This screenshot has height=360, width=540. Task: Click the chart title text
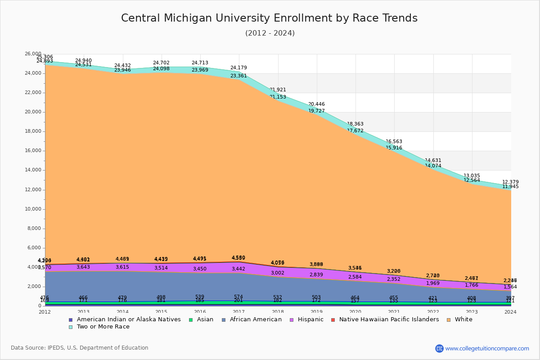[x=269, y=18]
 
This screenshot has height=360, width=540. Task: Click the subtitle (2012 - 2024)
[x=270, y=33]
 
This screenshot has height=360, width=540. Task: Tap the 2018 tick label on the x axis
[x=278, y=312]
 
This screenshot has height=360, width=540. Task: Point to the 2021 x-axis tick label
[x=395, y=312]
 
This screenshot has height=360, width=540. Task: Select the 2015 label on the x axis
[x=162, y=312]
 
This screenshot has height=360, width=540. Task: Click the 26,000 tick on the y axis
[x=32, y=54]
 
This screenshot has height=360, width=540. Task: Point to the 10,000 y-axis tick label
[x=32, y=209]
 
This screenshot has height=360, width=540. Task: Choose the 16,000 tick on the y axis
[x=32, y=151]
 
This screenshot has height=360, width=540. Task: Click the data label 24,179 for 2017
[x=238, y=68]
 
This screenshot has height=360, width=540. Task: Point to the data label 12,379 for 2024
[x=510, y=182]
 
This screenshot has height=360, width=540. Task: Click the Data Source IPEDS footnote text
[x=80, y=348]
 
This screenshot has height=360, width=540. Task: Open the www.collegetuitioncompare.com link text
[x=487, y=348]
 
